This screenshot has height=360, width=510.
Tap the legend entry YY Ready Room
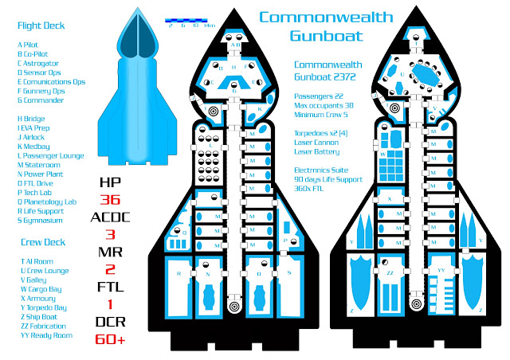[46, 335]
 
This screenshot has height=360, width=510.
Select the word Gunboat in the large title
[327, 35]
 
